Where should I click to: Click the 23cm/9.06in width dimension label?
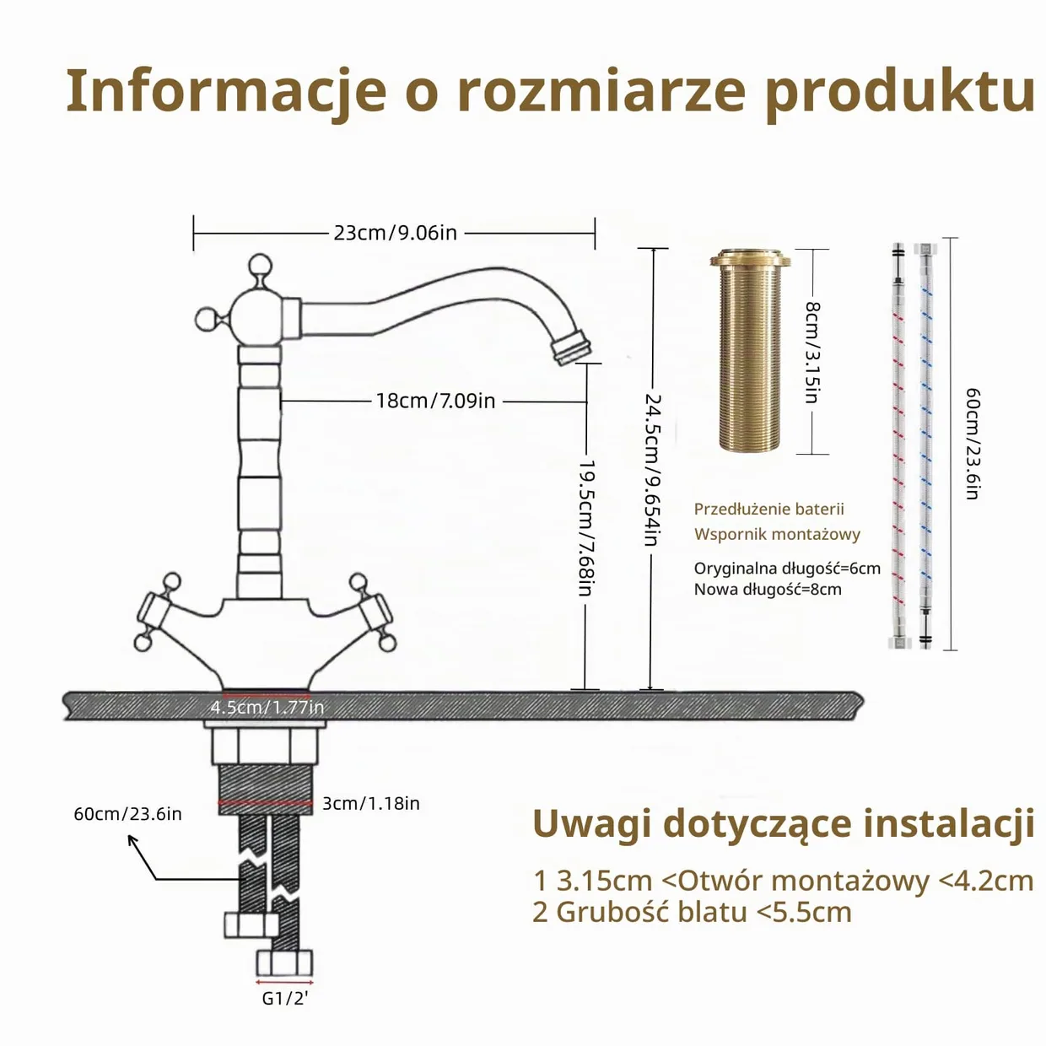point(395,233)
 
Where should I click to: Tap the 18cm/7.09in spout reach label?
point(435,401)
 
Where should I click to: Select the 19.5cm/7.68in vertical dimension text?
point(585,528)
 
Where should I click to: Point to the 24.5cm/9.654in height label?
point(652,470)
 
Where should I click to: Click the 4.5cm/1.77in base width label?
point(267,707)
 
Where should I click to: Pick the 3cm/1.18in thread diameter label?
point(371,803)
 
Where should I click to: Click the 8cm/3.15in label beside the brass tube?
point(811,352)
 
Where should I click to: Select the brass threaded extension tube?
point(750,350)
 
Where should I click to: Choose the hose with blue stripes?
point(925,445)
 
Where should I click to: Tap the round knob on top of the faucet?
point(260,266)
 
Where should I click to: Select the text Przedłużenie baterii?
point(768,510)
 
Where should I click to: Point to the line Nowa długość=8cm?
point(768,589)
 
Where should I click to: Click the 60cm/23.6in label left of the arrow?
point(127,814)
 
